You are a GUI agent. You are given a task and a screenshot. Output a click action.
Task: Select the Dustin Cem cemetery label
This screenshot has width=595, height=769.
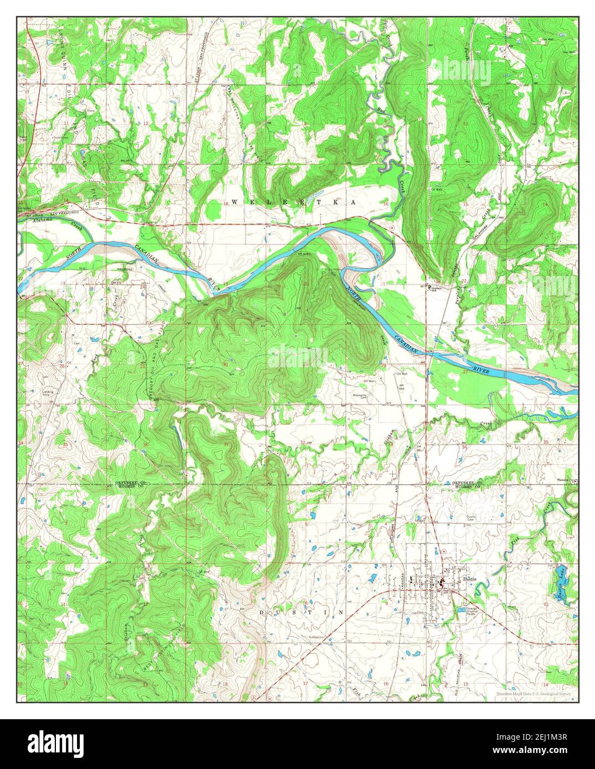470,518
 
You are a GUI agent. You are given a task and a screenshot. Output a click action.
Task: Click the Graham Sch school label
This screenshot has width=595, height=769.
437,289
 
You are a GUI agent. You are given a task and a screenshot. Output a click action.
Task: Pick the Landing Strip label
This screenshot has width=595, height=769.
48,393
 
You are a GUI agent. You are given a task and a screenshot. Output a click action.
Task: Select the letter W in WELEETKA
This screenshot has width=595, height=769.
234,202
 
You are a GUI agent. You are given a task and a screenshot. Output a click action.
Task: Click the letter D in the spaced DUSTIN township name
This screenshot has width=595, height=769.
262,613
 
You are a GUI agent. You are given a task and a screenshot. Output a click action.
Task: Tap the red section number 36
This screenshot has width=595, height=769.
146,445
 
